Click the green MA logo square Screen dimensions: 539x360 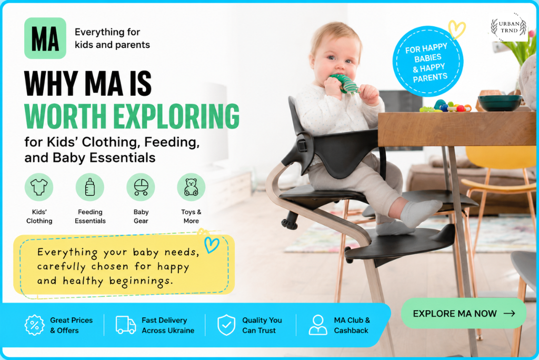[45, 38]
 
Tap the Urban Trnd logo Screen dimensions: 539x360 [509, 27]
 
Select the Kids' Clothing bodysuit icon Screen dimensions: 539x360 [39, 187]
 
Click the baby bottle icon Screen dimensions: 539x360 [89, 187]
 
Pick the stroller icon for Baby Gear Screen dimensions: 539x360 [141, 187]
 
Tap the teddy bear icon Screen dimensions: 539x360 [191, 187]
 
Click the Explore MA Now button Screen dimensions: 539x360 [464, 313]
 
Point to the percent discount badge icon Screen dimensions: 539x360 [34, 325]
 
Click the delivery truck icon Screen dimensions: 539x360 [126, 325]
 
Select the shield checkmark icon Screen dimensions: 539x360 [226, 325]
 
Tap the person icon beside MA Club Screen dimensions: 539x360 [318, 325]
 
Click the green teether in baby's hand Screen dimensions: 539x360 [344, 83]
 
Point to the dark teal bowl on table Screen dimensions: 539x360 [500, 103]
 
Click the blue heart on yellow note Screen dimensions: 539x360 [212, 244]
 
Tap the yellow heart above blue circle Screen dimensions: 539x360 [457, 29]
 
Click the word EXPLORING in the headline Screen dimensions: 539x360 [176, 116]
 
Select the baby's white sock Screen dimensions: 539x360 [421, 213]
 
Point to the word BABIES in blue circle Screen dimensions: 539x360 [427, 58]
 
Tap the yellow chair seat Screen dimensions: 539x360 [498, 186]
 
